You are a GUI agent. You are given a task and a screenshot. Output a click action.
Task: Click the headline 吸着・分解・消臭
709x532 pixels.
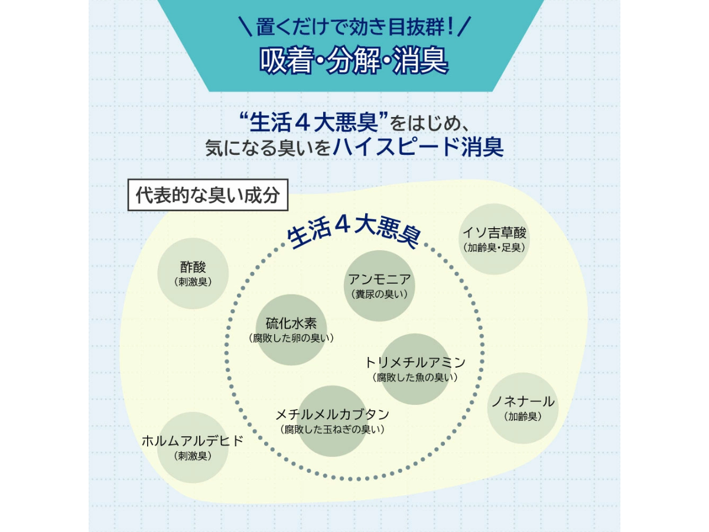354,61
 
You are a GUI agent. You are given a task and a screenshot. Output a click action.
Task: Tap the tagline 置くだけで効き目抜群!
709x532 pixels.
354,27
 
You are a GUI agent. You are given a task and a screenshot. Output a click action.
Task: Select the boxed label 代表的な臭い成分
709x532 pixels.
207,196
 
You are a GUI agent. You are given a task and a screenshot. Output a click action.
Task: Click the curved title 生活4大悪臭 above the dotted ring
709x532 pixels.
353,232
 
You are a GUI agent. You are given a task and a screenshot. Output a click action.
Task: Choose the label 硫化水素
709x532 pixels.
291,323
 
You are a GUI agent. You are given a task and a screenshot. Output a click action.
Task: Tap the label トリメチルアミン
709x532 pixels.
415,362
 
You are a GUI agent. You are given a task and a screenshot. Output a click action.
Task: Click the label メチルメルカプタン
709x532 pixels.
333,414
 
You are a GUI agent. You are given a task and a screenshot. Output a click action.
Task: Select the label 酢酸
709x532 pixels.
193,267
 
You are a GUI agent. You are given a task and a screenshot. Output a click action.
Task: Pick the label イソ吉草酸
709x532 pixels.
495,232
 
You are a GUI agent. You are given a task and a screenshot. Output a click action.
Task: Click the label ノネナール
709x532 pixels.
523,402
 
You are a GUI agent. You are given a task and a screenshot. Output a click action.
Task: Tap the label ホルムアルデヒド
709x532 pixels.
193,441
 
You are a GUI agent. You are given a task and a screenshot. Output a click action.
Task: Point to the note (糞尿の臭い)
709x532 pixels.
379,294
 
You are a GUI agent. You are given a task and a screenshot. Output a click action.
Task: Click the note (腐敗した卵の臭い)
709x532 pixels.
291,338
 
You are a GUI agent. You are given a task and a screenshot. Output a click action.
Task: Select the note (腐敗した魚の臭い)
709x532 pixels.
415,377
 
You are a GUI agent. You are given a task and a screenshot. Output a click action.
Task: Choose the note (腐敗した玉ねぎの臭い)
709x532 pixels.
333,430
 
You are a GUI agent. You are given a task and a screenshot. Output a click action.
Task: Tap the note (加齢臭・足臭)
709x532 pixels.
495,248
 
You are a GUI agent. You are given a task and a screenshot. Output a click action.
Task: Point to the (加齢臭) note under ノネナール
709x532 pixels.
523,417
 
